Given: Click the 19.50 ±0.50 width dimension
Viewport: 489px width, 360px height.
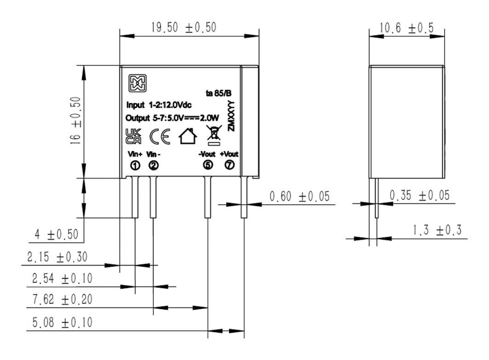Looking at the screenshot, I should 183,28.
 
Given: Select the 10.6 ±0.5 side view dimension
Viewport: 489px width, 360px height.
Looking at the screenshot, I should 406,29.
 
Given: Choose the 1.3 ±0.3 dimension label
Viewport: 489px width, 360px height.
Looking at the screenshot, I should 437,230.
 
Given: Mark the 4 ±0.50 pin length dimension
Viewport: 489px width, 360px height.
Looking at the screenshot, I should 57,235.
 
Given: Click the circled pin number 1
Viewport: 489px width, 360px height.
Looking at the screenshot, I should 135,165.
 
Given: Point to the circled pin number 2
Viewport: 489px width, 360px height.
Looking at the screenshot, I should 153,165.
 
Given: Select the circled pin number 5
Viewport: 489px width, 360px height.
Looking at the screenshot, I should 208,165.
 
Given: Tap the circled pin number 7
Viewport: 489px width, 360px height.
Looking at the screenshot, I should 229,165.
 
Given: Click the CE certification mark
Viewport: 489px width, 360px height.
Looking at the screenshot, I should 159,137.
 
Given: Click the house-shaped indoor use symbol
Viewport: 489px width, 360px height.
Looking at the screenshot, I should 187,137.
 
